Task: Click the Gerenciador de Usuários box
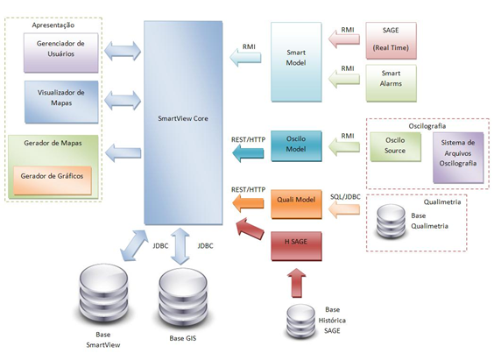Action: [x=61, y=53]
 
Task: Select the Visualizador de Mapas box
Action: [x=61, y=102]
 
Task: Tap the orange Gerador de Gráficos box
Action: [x=53, y=180]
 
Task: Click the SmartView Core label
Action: [x=183, y=118]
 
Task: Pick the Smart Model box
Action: [x=296, y=62]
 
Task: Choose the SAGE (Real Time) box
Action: [x=391, y=40]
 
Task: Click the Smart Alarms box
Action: [x=392, y=83]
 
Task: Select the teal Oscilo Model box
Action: [x=296, y=146]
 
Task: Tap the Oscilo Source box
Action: [x=396, y=147]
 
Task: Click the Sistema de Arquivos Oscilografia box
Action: [x=458, y=158]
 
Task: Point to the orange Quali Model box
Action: [x=296, y=204]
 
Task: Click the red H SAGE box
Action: [x=296, y=246]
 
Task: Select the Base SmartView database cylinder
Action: [x=103, y=295]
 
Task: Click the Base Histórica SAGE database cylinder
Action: [x=300, y=321]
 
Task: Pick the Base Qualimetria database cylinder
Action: [x=392, y=222]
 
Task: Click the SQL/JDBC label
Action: [x=345, y=197]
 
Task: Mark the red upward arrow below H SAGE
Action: [x=296, y=283]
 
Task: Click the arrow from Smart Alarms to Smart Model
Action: [x=344, y=79]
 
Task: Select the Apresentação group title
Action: [x=53, y=25]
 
